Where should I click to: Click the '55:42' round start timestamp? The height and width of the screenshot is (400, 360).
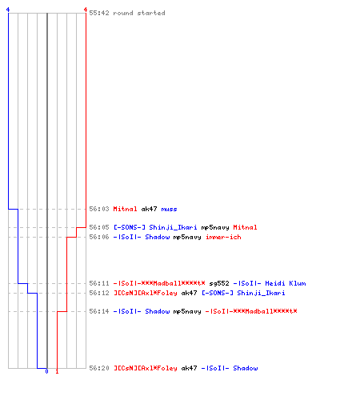99,13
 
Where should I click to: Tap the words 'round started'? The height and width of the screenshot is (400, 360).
139,13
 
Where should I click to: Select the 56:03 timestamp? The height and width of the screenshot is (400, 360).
99,209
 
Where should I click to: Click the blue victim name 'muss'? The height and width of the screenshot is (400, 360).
169,209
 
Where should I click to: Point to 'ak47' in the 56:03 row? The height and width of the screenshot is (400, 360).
149,209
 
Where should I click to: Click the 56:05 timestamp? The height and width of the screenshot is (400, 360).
99,227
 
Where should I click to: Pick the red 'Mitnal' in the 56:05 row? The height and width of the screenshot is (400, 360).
245,227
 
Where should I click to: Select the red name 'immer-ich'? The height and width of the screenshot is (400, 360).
223,237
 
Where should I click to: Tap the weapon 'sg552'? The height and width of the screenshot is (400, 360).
219,283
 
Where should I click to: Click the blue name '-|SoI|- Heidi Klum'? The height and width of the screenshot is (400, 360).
270,283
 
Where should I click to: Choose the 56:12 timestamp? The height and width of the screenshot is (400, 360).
99,293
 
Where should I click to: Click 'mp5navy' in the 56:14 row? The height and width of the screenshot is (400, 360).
187,311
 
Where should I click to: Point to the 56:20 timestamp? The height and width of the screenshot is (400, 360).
99,368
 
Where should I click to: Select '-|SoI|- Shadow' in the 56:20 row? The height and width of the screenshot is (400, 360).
230,368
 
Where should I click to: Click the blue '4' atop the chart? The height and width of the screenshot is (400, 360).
8,10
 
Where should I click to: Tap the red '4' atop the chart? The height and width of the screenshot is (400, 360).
86,10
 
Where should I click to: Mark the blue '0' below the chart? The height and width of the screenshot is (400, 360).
46,371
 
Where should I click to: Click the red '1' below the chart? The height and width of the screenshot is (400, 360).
57,371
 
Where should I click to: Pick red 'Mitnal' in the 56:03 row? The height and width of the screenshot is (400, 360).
125,209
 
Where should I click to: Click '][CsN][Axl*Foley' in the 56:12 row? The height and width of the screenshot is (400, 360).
146,293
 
